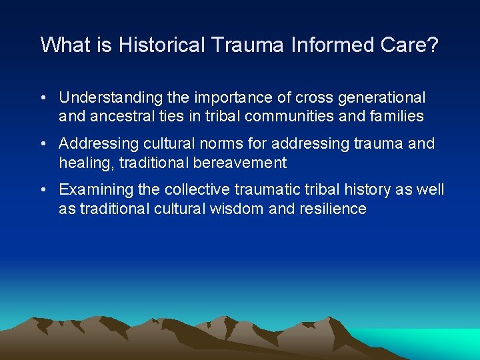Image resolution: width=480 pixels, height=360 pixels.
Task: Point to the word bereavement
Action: click(241, 163)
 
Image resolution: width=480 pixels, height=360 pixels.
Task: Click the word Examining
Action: click(93, 190)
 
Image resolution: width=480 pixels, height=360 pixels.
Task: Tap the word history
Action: click(367, 190)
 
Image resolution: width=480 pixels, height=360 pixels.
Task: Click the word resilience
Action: click(333, 209)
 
